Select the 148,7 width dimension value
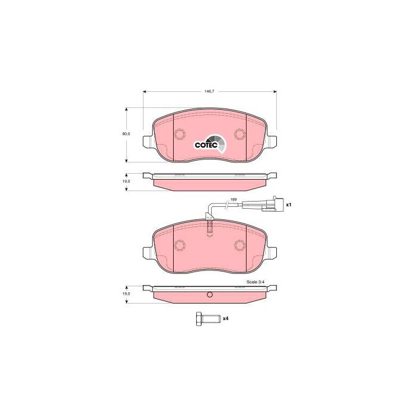coord(209,91)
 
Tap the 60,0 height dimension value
coord(126,134)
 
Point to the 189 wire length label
coord(233,199)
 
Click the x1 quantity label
coord(289,205)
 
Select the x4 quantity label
coord(225,318)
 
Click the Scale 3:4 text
coord(256,282)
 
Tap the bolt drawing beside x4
coord(207,319)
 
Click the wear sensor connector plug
coord(273,205)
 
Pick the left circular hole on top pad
coord(180,134)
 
